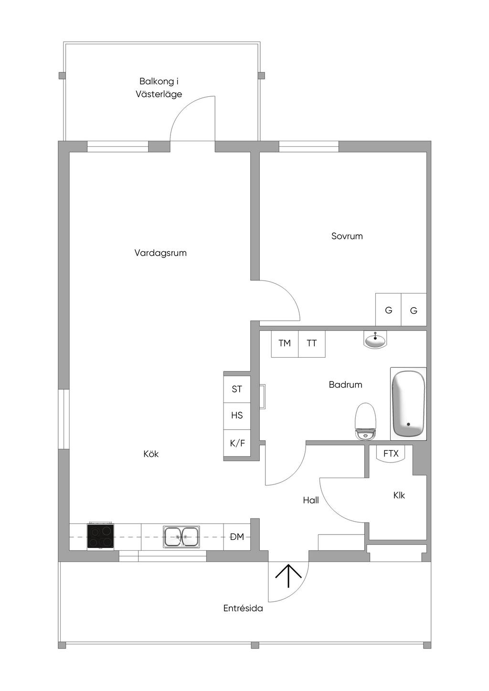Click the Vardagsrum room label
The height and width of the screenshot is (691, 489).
(x=160, y=253)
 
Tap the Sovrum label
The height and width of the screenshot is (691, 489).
(x=347, y=236)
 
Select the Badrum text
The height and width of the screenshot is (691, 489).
(x=345, y=384)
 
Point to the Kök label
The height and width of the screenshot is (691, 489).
(x=151, y=454)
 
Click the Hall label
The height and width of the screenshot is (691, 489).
(x=311, y=500)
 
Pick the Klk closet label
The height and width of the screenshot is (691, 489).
(x=399, y=495)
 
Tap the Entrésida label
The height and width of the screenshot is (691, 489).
(x=243, y=608)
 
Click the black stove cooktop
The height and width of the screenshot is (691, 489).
(x=100, y=536)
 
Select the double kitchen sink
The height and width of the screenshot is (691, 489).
(x=181, y=537)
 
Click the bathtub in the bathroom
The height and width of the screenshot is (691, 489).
(x=408, y=404)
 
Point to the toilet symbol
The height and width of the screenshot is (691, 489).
(x=366, y=421)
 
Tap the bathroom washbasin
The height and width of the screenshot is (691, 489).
(x=375, y=340)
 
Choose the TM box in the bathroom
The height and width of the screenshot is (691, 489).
(x=285, y=343)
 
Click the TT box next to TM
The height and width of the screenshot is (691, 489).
(x=312, y=343)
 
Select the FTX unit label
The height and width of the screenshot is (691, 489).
(x=391, y=454)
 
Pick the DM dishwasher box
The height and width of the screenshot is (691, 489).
(x=237, y=537)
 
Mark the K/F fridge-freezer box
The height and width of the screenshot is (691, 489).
(x=237, y=443)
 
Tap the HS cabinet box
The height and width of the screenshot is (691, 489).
(x=237, y=415)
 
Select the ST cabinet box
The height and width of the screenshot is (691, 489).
(x=237, y=389)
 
